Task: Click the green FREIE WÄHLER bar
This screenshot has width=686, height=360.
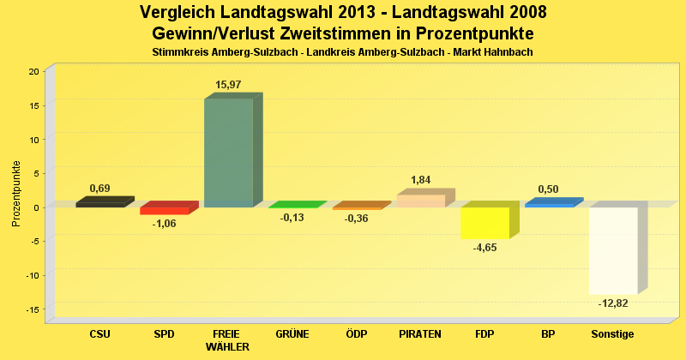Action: click(228, 153)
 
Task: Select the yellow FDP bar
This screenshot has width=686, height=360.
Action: click(484, 223)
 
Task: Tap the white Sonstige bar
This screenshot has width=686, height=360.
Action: click(612, 250)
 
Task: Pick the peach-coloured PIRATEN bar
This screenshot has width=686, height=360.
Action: click(420, 201)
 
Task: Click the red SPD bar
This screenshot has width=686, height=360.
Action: click(164, 211)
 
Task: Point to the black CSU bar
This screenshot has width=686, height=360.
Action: click(99, 204)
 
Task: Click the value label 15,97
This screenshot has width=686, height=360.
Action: click(228, 85)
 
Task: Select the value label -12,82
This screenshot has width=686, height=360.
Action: click(613, 303)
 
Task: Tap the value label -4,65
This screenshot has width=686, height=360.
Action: click(484, 248)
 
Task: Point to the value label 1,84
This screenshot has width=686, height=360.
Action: click(421, 180)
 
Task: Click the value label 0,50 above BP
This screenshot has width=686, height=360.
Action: click(549, 189)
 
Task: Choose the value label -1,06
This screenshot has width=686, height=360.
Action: click(164, 224)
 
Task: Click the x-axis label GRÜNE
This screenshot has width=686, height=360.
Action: click(292, 334)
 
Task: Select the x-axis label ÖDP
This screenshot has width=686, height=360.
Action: click(357, 334)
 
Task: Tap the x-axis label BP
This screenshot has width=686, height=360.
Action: click(549, 334)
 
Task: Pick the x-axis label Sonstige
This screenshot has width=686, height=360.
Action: click(613, 334)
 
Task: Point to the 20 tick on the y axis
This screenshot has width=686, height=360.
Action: click(33, 71)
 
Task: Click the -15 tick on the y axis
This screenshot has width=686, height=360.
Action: click(32, 309)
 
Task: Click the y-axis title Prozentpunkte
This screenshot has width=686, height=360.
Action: click(16, 194)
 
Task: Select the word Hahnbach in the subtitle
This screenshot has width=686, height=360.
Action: click(508, 52)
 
